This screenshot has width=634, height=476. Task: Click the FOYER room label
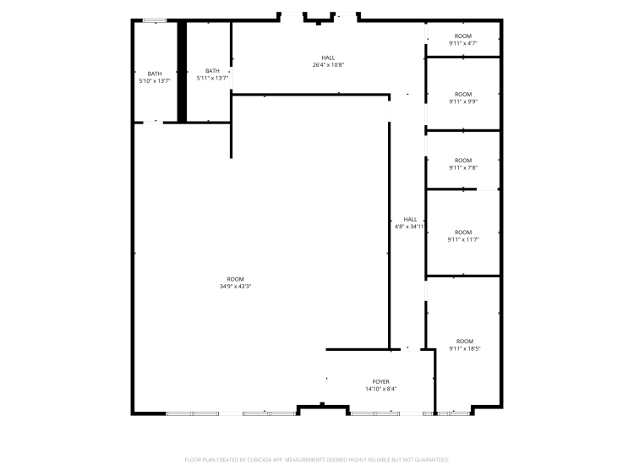(x=381, y=382)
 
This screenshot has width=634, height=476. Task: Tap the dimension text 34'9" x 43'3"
(x=235, y=287)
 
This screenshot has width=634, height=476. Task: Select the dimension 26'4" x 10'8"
(x=328, y=65)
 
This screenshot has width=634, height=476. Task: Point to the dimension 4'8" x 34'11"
(x=410, y=227)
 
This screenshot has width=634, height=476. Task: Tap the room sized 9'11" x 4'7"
(x=463, y=40)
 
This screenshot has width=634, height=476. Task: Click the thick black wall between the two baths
(x=182, y=72)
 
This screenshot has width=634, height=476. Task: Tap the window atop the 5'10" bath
(x=155, y=20)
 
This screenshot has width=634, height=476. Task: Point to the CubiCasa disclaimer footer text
(x=317, y=460)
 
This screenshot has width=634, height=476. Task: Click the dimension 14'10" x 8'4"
(x=381, y=389)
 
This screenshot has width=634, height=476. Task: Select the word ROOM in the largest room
(x=235, y=279)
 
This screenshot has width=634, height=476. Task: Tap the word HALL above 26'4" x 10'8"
(x=328, y=57)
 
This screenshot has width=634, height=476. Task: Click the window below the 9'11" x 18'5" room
(x=454, y=413)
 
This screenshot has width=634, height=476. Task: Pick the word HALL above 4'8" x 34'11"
(x=410, y=219)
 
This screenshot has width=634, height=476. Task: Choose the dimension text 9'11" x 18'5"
(x=465, y=348)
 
